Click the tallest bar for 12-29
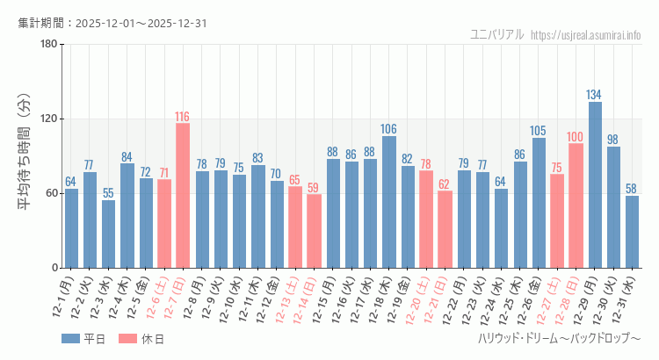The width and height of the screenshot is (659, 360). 595,184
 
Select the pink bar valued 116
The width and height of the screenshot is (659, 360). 183,195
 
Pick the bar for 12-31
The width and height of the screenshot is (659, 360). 632,232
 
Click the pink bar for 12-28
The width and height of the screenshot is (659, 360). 576,205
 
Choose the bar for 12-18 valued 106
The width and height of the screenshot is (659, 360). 389,202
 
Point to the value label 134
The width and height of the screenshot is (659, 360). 595,95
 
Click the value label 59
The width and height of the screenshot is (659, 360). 314,187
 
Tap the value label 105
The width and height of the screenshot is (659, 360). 539,131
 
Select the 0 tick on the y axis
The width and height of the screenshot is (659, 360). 54,268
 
